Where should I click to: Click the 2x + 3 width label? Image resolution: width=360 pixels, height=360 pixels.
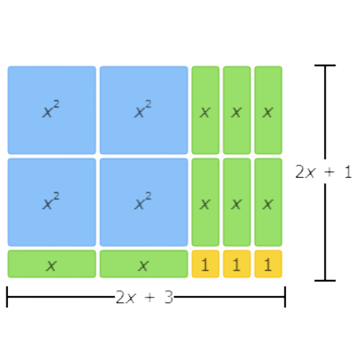tap(144, 297)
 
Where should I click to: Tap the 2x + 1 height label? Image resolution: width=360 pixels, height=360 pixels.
tap(323, 171)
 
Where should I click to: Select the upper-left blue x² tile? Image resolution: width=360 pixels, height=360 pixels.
tap(52, 110)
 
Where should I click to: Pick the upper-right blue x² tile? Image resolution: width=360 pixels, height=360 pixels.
tap(144, 110)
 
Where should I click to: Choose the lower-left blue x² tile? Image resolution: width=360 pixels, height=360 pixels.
tap(52, 202)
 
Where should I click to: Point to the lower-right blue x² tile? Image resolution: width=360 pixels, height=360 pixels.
tap(144, 202)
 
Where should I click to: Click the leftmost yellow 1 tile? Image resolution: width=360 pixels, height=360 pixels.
tap(205, 264)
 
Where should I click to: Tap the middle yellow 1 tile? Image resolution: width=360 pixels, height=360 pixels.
tap(237, 264)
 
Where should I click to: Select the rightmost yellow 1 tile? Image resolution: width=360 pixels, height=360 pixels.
tap(269, 264)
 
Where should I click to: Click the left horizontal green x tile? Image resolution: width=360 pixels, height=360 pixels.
tap(52, 264)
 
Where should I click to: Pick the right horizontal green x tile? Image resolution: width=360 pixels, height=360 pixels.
tap(144, 264)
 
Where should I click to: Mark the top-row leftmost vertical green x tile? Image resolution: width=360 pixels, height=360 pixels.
tap(205, 110)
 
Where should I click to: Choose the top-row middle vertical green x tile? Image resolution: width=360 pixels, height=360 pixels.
tap(237, 110)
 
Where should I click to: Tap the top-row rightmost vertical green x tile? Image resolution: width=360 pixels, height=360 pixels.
tap(269, 110)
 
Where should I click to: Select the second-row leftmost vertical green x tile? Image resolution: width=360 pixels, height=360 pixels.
tap(205, 202)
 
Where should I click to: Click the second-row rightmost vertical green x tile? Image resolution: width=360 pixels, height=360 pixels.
tap(269, 202)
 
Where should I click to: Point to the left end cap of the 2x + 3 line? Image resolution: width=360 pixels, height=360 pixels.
tap(7, 297)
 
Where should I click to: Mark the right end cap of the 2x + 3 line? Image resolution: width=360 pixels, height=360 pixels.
tap(285, 297)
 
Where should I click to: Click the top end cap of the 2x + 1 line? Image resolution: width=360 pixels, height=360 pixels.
tap(325, 66)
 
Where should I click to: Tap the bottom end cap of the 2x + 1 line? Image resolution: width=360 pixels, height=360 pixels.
tap(325, 280)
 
